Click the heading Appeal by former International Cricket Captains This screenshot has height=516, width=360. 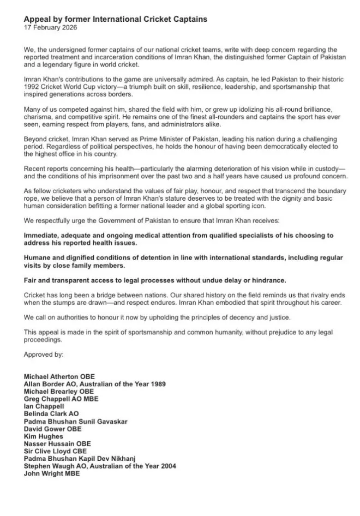pos(115,19)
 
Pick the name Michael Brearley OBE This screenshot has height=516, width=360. pos(59,392)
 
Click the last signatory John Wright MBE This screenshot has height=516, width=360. pos(52,474)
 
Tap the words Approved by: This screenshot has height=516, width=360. pos(44,354)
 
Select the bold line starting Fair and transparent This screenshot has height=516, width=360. pos(155,280)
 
